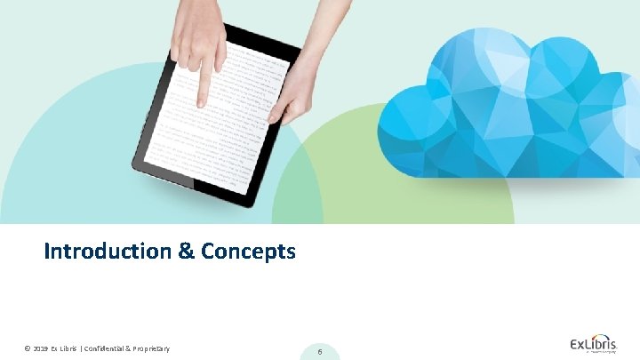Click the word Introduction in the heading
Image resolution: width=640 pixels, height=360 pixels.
[107, 252]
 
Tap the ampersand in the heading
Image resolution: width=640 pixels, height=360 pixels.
[186, 252]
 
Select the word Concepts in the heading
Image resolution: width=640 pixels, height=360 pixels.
[248, 252]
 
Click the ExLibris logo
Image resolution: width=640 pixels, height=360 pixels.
[595, 344]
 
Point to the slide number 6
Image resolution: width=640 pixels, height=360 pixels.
[319, 352]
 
